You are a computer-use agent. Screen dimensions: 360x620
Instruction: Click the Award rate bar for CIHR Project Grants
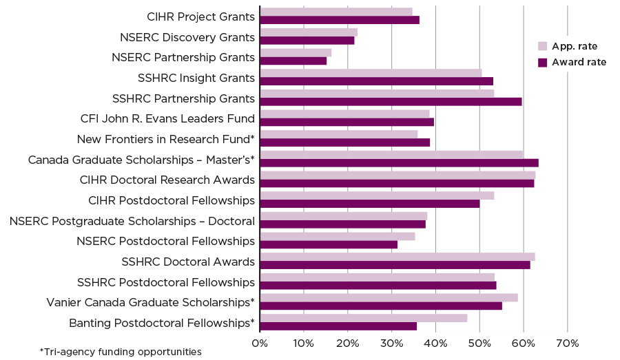tap(340, 20)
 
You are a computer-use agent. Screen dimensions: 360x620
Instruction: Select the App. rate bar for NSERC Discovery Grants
tap(309, 32)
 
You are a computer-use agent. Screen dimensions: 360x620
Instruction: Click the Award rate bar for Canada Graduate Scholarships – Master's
tap(399, 163)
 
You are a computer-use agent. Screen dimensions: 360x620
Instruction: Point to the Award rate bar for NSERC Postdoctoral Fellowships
tap(329, 244)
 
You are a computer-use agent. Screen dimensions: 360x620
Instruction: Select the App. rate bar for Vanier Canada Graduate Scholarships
tap(389, 297)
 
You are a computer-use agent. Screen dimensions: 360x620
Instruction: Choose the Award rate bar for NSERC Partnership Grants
tap(293, 61)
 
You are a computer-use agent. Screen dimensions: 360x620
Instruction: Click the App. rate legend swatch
tap(542, 46)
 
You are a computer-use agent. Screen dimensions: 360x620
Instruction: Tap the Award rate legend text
tap(579, 62)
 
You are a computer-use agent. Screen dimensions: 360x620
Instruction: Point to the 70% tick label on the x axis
tap(567, 343)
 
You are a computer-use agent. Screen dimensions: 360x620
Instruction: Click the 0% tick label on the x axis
tap(260, 343)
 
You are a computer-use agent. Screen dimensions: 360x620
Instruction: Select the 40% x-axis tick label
tap(435, 343)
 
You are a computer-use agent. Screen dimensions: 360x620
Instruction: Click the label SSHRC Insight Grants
tap(196, 78)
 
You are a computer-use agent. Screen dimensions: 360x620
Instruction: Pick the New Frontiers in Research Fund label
tap(165, 139)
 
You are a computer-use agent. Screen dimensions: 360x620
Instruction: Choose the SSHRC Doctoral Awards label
tap(188, 262)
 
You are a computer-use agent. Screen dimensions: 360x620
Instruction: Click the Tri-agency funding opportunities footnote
tap(121, 352)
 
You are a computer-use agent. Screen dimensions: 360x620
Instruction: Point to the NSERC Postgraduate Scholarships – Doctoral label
tap(132, 221)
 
